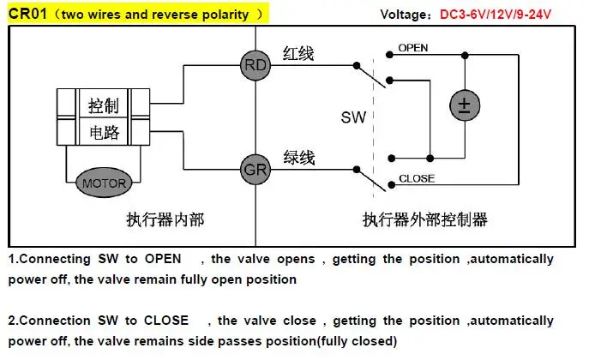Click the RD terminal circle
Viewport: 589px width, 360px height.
tap(255, 65)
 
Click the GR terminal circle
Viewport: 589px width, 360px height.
tap(255, 170)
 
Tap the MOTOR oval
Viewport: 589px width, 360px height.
tap(104, 183)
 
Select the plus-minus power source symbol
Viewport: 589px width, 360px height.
tap(465, 105)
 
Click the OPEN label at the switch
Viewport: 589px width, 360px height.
tap(413, 48)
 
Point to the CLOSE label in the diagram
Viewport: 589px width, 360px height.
tap(417, 178)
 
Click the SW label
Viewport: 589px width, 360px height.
tap(353, 117)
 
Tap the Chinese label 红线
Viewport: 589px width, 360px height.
tap(298, 54)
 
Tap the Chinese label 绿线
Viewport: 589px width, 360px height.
tap(299, 158)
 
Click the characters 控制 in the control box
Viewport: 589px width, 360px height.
tap(104, 105)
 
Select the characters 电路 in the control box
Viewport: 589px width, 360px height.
tap(104, 132)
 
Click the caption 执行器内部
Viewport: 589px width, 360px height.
tap(165, 219)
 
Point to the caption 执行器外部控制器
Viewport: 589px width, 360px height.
tap(425, 219)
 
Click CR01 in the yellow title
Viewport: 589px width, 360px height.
tap(27, 14)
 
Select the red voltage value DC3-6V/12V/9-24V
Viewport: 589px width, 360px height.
tap(496, 15)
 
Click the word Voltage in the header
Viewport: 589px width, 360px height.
tap(403, 15)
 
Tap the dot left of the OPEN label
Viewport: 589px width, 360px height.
tap(389, 55)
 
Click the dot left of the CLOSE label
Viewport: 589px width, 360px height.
tap(392, 184)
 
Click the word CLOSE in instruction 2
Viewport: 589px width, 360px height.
tap(166, 321)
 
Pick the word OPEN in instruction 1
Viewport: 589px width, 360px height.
tap(163, 259)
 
